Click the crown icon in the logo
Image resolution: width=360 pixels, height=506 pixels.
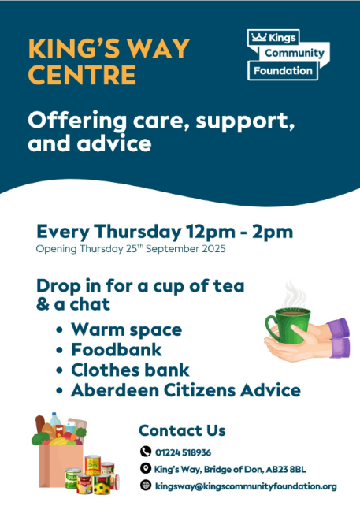(258, 37)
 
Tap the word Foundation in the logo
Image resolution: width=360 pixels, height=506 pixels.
(283, 71)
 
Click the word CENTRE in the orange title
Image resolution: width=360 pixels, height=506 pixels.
(82, 75)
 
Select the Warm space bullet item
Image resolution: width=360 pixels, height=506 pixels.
(127, 330)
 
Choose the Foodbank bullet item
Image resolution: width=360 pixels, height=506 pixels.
(117, 350)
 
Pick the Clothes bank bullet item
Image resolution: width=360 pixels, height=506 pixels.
(130, 370)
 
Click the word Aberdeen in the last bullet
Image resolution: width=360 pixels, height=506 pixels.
(115, 390)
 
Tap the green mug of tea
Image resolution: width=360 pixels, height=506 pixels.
(289, 325)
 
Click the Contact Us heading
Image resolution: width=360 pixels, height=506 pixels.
(182, 430)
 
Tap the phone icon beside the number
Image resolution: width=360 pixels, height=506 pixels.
(146, 452)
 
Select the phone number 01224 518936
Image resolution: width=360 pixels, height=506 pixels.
(183, 452)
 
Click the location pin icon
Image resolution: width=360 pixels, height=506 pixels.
(146, 468)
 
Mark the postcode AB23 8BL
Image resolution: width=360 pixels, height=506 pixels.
(286, 470)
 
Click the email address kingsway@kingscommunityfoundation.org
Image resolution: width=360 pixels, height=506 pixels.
(246, 486)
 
